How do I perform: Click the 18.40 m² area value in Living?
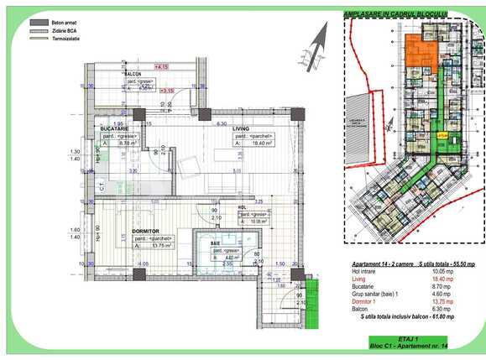(253, 143)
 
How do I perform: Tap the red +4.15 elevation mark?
(160, 65)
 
